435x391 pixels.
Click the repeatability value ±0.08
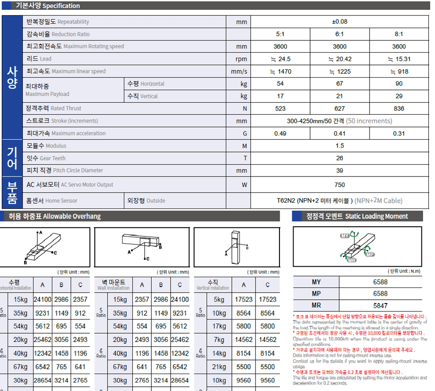click(339, 22)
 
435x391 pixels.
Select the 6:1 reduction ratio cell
click(339, 34)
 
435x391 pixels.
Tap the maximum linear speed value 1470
click(280, 72)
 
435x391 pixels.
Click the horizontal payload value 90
click(399, 84)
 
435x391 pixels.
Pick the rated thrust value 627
click(339, 109)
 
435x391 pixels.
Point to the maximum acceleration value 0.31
click(399, 134)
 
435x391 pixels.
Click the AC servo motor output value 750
click(339, 185)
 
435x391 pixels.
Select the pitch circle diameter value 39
click(339, 171)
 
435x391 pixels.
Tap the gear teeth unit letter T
click(244, 159)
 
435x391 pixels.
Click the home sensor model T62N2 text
click(315, 200)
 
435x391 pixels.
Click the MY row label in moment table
click(316, 282)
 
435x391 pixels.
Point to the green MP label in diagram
click(369, 254)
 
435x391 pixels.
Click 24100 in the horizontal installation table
click(42, 299)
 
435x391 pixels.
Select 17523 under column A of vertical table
click(244, 299)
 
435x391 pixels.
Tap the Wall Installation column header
click(113, 285)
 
